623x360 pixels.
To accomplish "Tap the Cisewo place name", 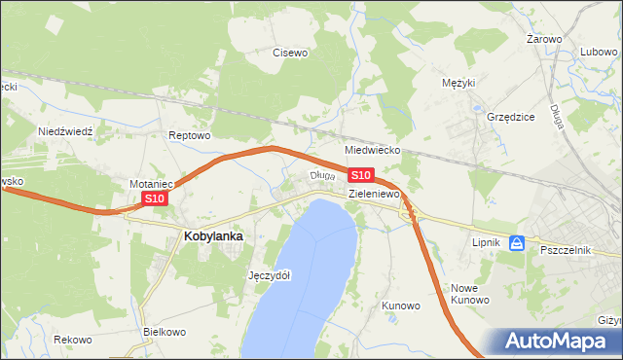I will [290, 53].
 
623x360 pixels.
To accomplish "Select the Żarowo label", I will [544, 39].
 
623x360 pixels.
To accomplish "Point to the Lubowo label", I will [600, 53].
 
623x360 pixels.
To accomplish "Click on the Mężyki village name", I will [458, 83].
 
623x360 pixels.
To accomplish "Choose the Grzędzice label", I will [511, 116].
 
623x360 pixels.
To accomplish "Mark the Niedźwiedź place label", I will [64, 130].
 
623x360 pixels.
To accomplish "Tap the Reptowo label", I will [189, 135].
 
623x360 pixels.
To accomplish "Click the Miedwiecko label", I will [374, 151].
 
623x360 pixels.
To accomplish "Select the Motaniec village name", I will [151, 183].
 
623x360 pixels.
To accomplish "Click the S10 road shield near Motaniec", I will [155, 198].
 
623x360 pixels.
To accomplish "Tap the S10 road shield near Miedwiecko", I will [360, 175].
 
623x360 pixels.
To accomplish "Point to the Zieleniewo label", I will [376, 195].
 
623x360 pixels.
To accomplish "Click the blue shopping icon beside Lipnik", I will [518, 243].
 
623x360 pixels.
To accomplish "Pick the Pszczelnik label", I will [566, 250].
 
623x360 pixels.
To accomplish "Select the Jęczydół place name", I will [270, 275].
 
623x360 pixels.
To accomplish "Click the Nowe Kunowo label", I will [469, 294].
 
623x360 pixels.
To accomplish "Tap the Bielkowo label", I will [164, 332].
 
